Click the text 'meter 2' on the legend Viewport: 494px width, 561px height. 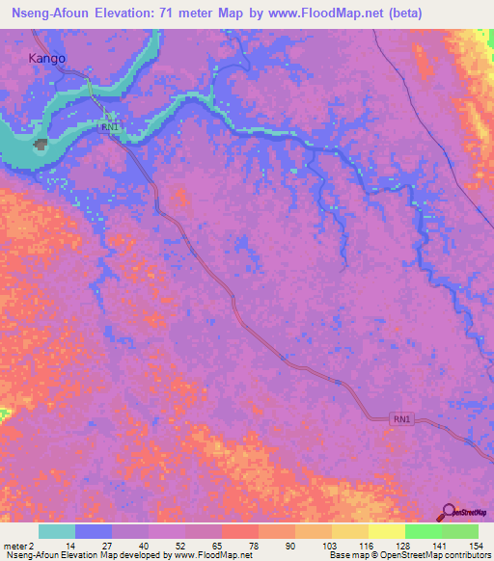click(19, 546)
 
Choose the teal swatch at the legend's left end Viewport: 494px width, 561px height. click(57, 531)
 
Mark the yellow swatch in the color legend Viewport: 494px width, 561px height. click(349, 531)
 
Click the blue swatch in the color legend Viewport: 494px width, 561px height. click(94, 531)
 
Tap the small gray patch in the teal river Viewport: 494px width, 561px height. click(41, 145)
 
